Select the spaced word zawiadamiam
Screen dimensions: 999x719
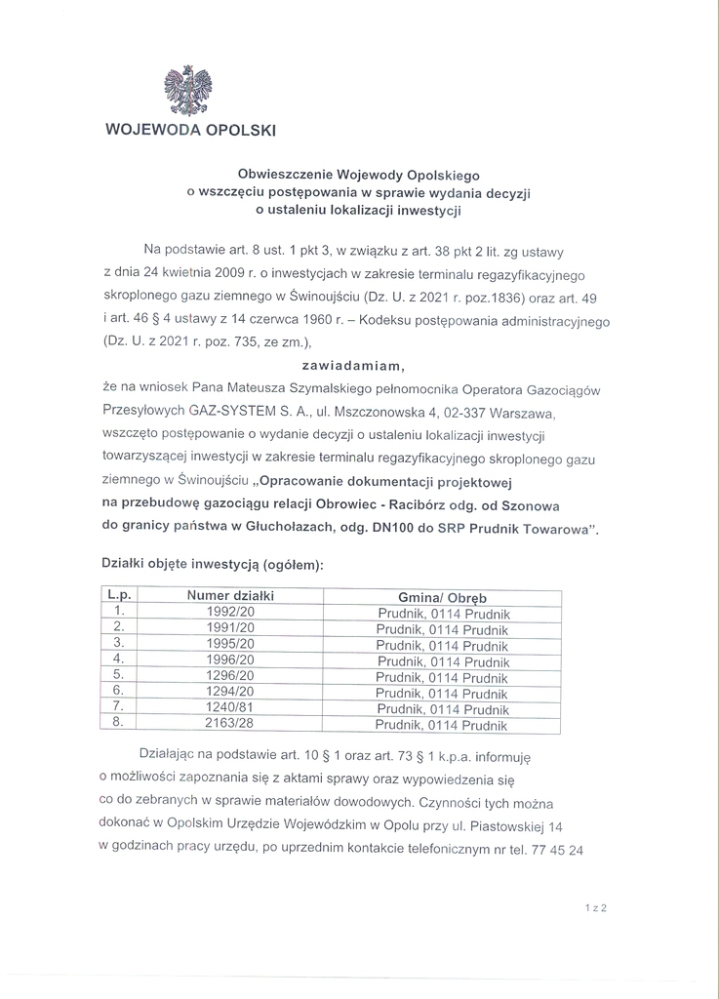tap(359, 365)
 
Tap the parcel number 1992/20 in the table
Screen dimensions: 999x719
tap(231, 613)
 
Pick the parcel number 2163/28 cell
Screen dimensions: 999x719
tap(231, 725)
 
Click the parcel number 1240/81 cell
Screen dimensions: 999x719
tap(231, 708)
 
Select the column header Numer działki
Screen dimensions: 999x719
tap(231, 595)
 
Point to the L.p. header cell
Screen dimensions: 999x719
tap(120, 595)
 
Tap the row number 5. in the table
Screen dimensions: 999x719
tap(118, 676)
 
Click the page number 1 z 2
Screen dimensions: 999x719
tap(597, 908)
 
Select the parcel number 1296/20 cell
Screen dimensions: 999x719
tap(231, 676)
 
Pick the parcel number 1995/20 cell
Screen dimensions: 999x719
tap(231, 644)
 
